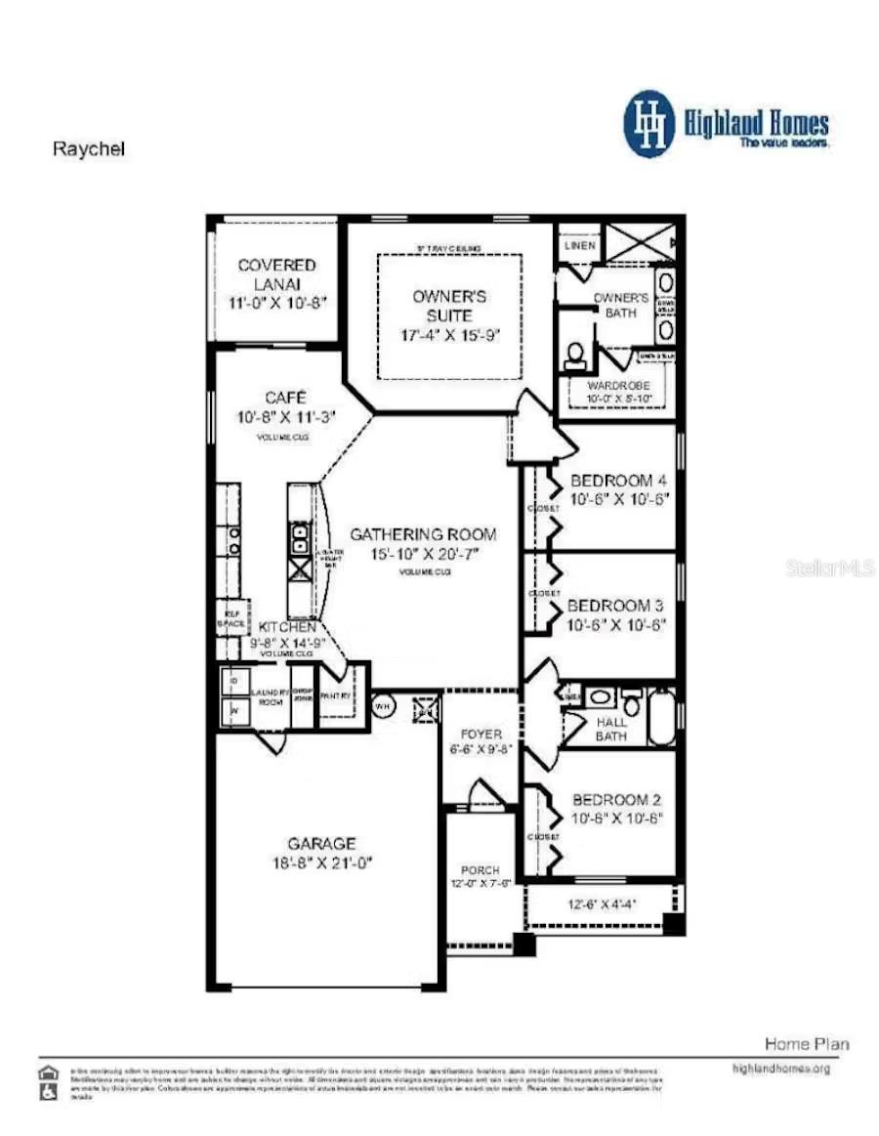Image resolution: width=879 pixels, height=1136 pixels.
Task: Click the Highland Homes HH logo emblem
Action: click(x=649, y=124)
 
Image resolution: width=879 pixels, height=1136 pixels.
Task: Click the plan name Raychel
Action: click(x=89, y=150)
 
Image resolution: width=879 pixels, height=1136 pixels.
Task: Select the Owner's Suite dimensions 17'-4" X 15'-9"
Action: click(x=449, y=335)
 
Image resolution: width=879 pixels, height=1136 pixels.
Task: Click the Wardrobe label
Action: click(x=618, y=386)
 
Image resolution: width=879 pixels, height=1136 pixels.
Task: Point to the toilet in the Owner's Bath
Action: click(x=574, y=355)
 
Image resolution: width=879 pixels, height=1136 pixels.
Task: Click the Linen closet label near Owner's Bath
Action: click(x=579, y=246)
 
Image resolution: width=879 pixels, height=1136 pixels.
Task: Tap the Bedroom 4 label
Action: click(x=618, y=481)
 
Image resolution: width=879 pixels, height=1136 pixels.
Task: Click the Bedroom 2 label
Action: click(x=618, y=800)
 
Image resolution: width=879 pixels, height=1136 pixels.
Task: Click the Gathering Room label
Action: click(x=423, y=534)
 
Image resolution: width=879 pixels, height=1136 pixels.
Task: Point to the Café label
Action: click(x=286, y=398)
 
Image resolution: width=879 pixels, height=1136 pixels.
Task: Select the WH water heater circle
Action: click(x=384, y=705)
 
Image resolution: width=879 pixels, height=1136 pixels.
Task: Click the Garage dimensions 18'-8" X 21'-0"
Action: click(x=321, y=863)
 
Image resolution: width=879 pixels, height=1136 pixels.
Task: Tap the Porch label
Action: click(x=480, y=869)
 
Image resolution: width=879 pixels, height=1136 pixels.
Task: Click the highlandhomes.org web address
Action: click(x=780, y=1069)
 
